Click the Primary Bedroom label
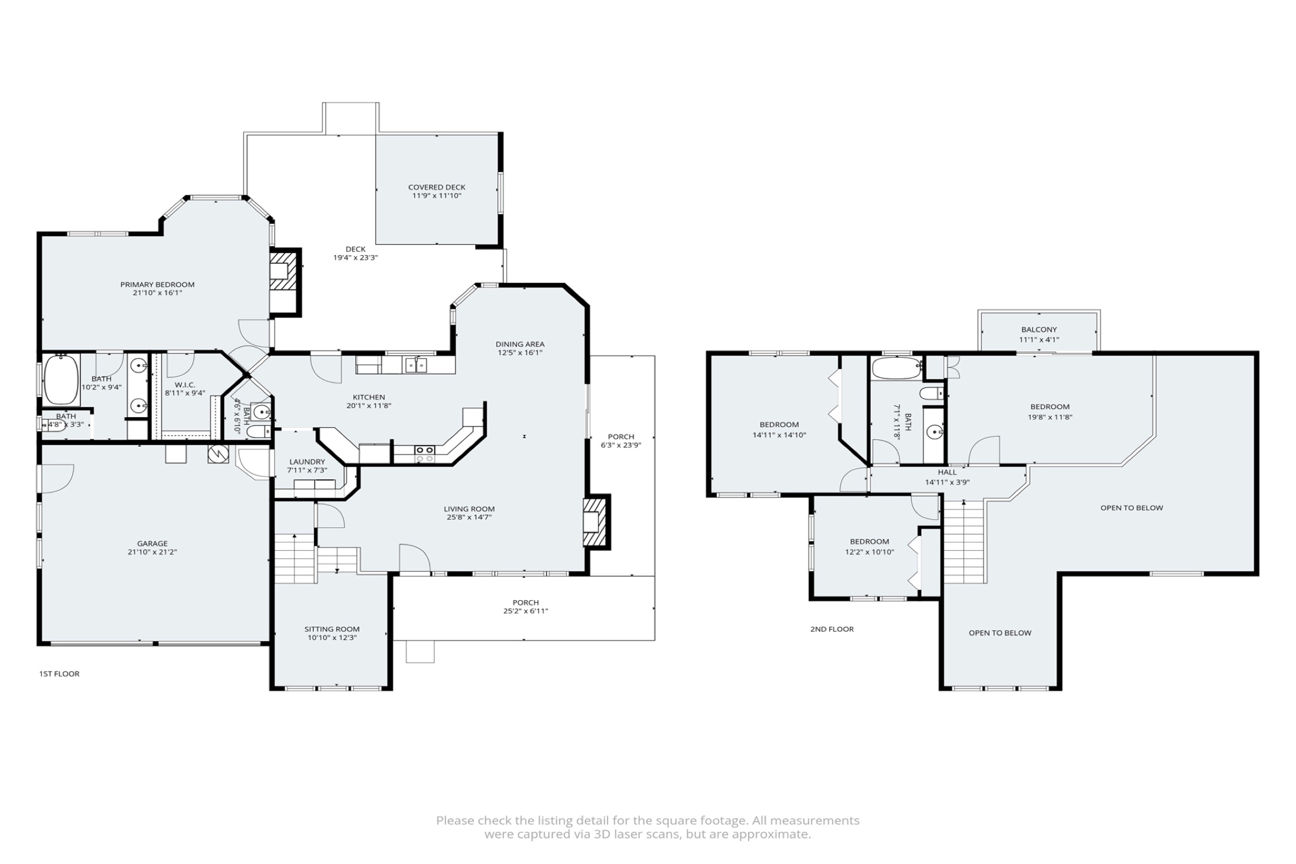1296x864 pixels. tap(158, 285)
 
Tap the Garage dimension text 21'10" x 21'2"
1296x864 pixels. tap(153, 552)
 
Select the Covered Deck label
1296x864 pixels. tap(437, 187)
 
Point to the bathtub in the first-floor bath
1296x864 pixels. tap(61, 380)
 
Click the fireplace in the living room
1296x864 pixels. tap(596, 521)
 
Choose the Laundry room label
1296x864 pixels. tap(307, 462)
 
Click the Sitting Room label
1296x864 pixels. tap(332, 629)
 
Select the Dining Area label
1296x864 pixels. tap(520, 344)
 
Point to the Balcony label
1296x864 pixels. tap(1039, 330)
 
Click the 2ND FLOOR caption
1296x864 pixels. tap(832, 629)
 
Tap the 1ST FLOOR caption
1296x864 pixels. tap(59, 673)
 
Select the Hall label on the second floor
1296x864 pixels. tap(947, 472)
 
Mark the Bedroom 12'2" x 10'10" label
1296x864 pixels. tap(869, 542)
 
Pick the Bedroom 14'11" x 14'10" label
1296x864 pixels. tap(779, 425)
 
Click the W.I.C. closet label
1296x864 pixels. tap(185, 385)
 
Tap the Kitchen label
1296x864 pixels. tap(369, 398)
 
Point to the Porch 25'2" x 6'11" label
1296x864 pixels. tap(526, 603)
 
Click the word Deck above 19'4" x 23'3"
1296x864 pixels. tap(356, 249)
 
